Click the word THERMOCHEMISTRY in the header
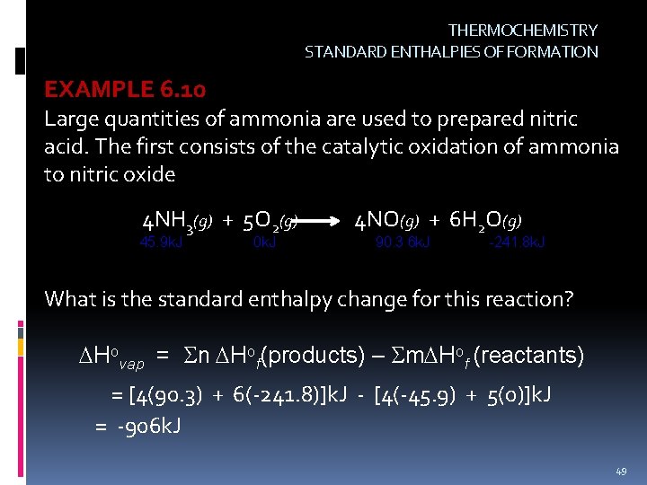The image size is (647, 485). pyautogui.click(x=522, y=31)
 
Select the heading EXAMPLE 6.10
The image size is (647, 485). pyautogui.click(x=125, y=90)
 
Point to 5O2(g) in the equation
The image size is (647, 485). pyautogui.click(x=270, y=221)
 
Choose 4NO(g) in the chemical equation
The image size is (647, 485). pyautogui.click(x=387, y=220)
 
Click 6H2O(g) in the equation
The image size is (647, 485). pyautogui.click(x=485, y=220)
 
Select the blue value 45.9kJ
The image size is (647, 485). pyautogui.click(x=161, y=242)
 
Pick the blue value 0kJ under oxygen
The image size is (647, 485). pyautogui.click(x=265, y=242)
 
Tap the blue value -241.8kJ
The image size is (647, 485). pyautogui.click(x=516, y=242)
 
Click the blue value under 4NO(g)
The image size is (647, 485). pyautogui.click(x=403, y=242)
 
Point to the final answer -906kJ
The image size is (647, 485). pyautogui.click(x=147, y=425)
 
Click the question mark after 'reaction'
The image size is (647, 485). pyautogui.click(x=568, y=298)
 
